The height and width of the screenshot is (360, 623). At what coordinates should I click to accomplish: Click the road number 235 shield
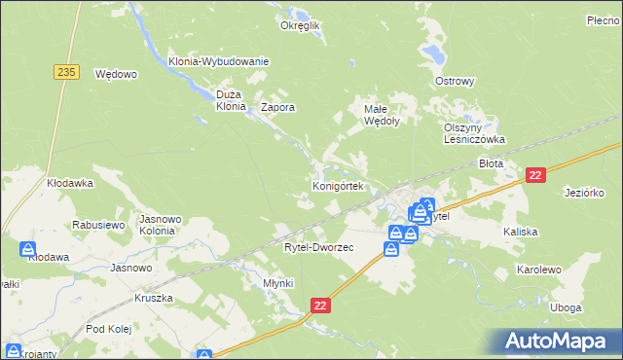pos(66,72)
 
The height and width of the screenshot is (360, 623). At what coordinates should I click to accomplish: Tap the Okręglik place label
pos(300,26)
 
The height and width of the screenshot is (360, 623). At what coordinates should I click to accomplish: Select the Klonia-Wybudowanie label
pos(218,61)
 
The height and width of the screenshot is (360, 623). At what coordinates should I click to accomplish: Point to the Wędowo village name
pos(116,73)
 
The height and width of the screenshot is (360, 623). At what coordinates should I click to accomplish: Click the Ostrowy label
pos(455,81)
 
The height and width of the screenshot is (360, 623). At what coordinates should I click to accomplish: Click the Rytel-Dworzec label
pos(318,247)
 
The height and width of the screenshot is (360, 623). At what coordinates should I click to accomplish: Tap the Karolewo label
pos(541,268)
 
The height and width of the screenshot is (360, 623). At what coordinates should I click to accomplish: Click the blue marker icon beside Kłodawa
pos(28,250)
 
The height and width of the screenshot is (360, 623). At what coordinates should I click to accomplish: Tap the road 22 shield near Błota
pos(534,174)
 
